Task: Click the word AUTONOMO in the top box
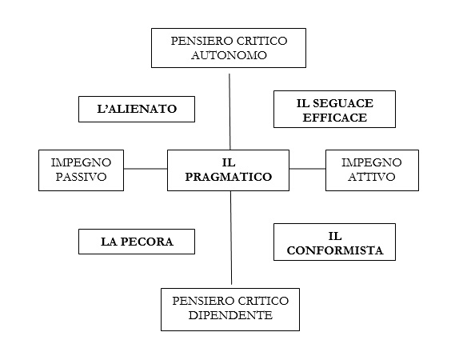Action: [229, 55]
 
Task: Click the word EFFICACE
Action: [335, 118]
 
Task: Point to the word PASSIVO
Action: [81, 177]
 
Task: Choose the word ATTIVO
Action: [372, 177]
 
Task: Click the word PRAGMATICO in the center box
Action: [229, 177]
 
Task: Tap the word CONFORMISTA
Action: [335, 250]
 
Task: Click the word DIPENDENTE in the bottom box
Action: [230, 315]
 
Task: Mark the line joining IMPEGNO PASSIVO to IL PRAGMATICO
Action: [146, 169]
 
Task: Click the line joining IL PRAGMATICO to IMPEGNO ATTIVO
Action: [307, 169]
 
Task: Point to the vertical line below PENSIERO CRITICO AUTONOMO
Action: [229, 112]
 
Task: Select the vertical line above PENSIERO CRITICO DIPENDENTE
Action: [231, 238]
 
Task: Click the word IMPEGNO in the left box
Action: [81, 162]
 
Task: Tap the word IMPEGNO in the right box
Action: [372, 162]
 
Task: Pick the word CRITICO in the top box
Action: [262, 41]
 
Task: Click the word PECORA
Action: [146, 242]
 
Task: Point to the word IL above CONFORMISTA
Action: [335, 236]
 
